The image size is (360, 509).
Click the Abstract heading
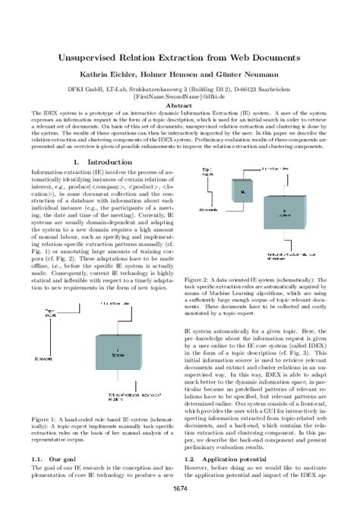[179, 106]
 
